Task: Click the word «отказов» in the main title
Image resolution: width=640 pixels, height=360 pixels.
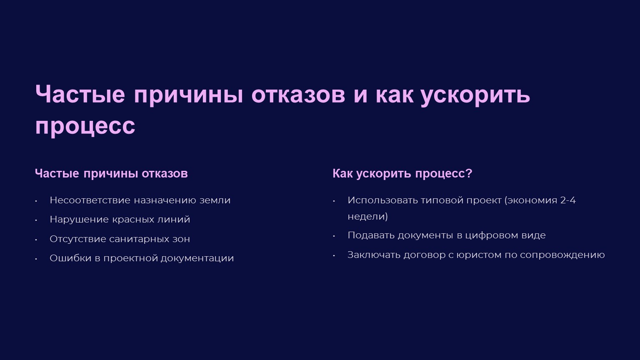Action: pos(298,95)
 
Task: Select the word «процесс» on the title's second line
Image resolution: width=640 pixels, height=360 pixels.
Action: pos(85,127)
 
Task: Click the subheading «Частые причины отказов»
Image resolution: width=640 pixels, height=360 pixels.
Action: pos(111,174)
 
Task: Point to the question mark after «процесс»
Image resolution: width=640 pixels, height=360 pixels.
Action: pos(469,173)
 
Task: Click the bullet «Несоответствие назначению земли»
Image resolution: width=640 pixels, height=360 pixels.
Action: pos(140,200)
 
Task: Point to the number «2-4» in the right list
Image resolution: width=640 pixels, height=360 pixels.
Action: pos(568,200)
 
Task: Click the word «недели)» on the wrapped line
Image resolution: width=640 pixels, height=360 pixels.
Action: pos(367,217)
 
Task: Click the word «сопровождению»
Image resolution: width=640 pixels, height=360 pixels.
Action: pos(562,255)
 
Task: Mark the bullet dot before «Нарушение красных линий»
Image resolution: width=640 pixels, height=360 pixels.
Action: pos(36,220)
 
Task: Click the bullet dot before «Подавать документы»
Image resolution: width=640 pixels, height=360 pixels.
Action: pos(334,236)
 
